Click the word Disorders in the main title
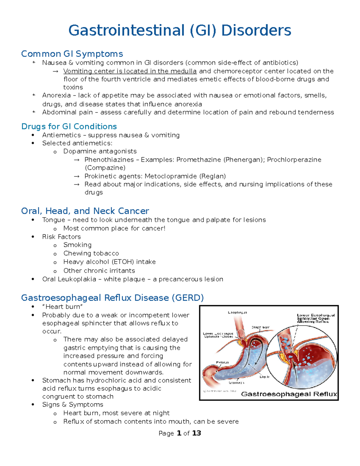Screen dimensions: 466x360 [256, 31]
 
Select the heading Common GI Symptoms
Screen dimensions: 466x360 [72, 54]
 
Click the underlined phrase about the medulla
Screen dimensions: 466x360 [130, 71]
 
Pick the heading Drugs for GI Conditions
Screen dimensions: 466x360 [69, 126]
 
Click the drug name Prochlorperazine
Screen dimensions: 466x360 [294, 160]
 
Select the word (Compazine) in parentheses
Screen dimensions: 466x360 [105, 168]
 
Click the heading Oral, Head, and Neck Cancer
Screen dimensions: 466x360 [85, 211]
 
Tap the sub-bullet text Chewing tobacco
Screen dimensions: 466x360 [91, 253]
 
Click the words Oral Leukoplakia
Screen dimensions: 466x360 [69, 279]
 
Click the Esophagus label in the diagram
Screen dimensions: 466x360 [237, 312]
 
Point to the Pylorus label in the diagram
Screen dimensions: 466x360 [222, 362]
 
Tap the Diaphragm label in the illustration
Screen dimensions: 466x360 [260, 327]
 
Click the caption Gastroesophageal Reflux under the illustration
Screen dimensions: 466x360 [289, 394]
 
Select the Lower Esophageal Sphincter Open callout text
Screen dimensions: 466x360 [316, 318]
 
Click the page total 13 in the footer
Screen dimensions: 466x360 [196, 433]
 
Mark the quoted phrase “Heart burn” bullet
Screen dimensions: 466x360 [62, 307]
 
